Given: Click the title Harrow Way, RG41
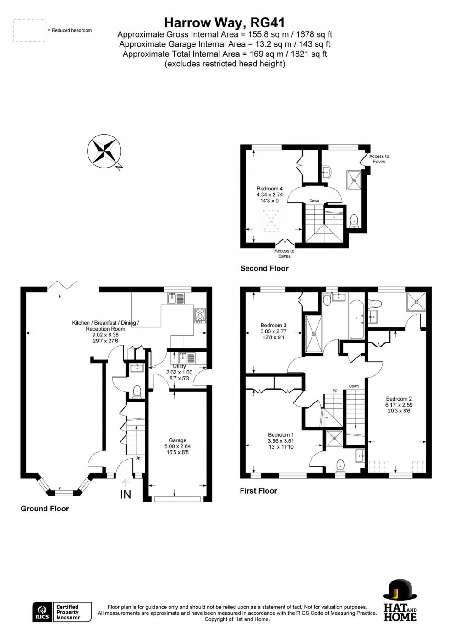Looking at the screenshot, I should [x=224, y=22].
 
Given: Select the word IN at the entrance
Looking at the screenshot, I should [x=126, y=494].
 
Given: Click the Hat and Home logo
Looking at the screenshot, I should [x=400, y=600].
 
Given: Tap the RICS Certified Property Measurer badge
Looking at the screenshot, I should [x=62, y=612].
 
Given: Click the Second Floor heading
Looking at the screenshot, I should [x=264, y=268].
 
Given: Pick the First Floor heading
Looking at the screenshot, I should [x=258, y=491].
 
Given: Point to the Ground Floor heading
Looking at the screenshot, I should [x=44, y=509].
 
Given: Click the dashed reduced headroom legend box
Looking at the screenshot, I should [x=29, y=30].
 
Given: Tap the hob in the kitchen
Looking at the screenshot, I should [x=200, y=315].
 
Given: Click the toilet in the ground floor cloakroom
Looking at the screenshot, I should [x=137, y=391].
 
